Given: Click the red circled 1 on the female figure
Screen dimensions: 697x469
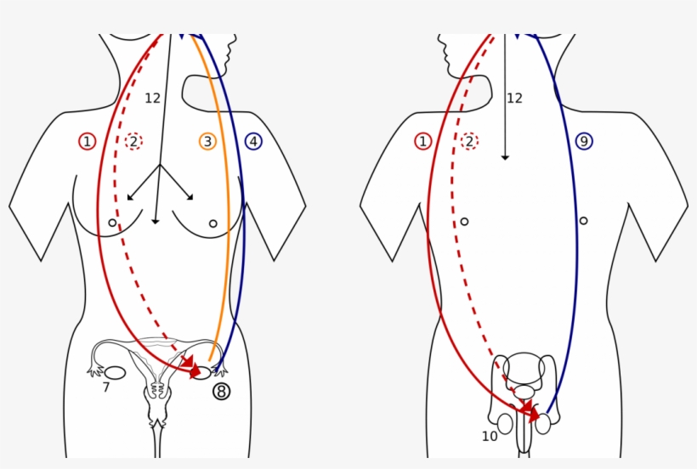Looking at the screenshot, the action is [87, 142].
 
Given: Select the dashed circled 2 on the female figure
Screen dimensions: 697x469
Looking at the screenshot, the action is [133, 142].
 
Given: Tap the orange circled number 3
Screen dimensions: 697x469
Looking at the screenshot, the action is [207, 142].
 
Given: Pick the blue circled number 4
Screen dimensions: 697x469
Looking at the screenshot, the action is [253, 142].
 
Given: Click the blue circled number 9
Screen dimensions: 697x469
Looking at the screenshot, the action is [584, 141].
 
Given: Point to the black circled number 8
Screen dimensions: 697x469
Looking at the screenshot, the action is [221, 392].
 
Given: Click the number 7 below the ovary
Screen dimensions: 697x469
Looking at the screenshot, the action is [105, 387].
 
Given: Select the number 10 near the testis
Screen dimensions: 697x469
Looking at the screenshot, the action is [490, 437].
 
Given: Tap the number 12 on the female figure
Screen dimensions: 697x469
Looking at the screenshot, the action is [152, 99].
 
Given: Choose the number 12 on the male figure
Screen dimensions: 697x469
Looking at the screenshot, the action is [514, 99].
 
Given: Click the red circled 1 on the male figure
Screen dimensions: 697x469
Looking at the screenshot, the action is [422, 142].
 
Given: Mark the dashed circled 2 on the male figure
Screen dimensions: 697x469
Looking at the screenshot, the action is [469, 142].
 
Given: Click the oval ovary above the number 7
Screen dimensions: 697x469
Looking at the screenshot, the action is [115, 373].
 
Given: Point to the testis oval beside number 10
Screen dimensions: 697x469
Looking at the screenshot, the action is [505, 424].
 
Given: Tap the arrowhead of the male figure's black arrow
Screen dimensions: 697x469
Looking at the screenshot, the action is [505, 157].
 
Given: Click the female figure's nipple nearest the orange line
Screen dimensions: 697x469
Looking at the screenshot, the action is [212, 223].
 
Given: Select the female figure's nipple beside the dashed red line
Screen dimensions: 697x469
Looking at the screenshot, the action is [112, 223].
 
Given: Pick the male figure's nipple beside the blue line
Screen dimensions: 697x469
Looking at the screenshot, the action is [583, 221].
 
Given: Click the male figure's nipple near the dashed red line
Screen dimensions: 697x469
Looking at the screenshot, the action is [464, 221].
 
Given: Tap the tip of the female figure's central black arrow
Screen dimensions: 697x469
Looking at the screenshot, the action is [156, 223].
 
